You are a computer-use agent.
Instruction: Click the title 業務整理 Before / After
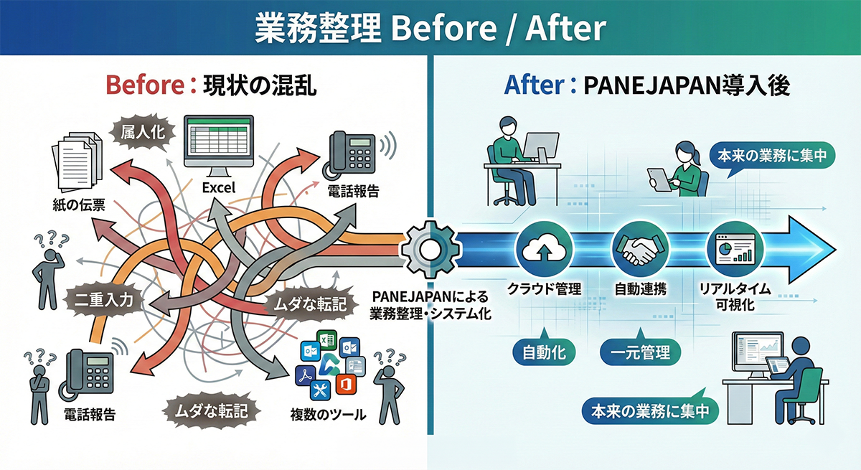430,29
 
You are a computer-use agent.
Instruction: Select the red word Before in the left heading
139,85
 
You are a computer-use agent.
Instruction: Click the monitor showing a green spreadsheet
220,144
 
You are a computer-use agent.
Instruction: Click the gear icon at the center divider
428,248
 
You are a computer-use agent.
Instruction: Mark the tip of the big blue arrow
834,248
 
